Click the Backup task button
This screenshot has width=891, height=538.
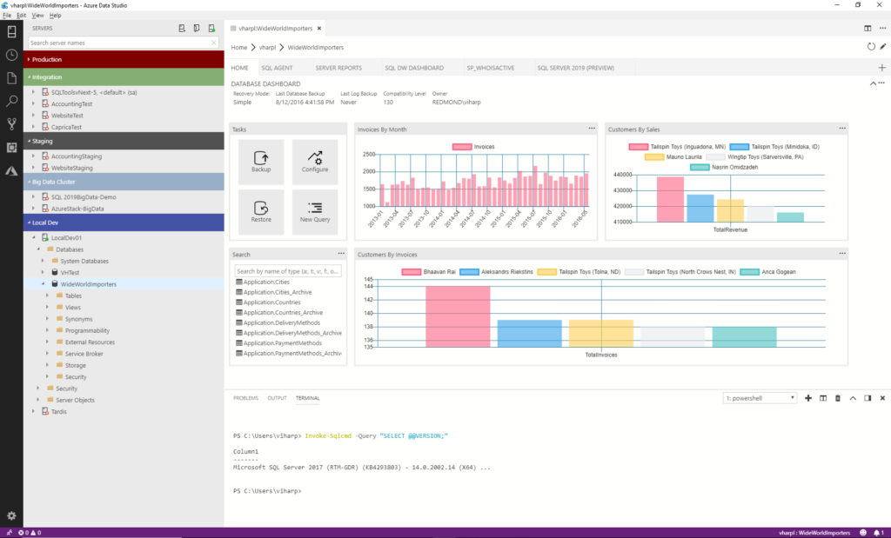tap(261, 162)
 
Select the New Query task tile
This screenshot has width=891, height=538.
tap(314, 212)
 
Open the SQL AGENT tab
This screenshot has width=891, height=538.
tap(278, 67)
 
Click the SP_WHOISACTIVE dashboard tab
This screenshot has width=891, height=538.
tap(490, 67)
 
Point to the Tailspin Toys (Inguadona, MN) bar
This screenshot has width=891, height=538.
tap(670, 200)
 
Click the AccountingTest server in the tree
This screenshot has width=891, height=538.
tap(72, 103)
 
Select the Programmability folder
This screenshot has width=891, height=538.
tap(87, 330)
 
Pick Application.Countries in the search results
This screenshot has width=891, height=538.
tap(271, 302)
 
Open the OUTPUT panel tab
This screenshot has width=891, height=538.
tap(277, 398)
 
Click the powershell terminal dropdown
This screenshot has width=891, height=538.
tap(760, 398)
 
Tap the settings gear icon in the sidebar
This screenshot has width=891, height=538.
tap(11, 515)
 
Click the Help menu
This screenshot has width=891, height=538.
tap(56, 16)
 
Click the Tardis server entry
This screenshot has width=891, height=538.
tap(58, 411)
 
